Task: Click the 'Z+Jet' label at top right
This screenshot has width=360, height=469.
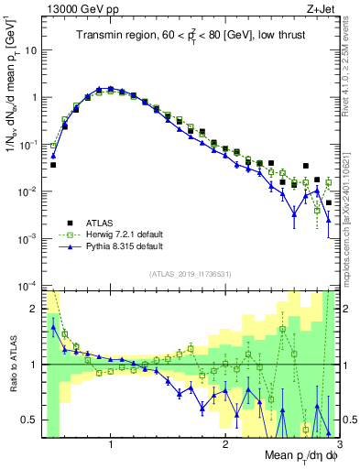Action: (x=321, y=7)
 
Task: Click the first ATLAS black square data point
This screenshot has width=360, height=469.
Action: (x=53, y=165)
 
